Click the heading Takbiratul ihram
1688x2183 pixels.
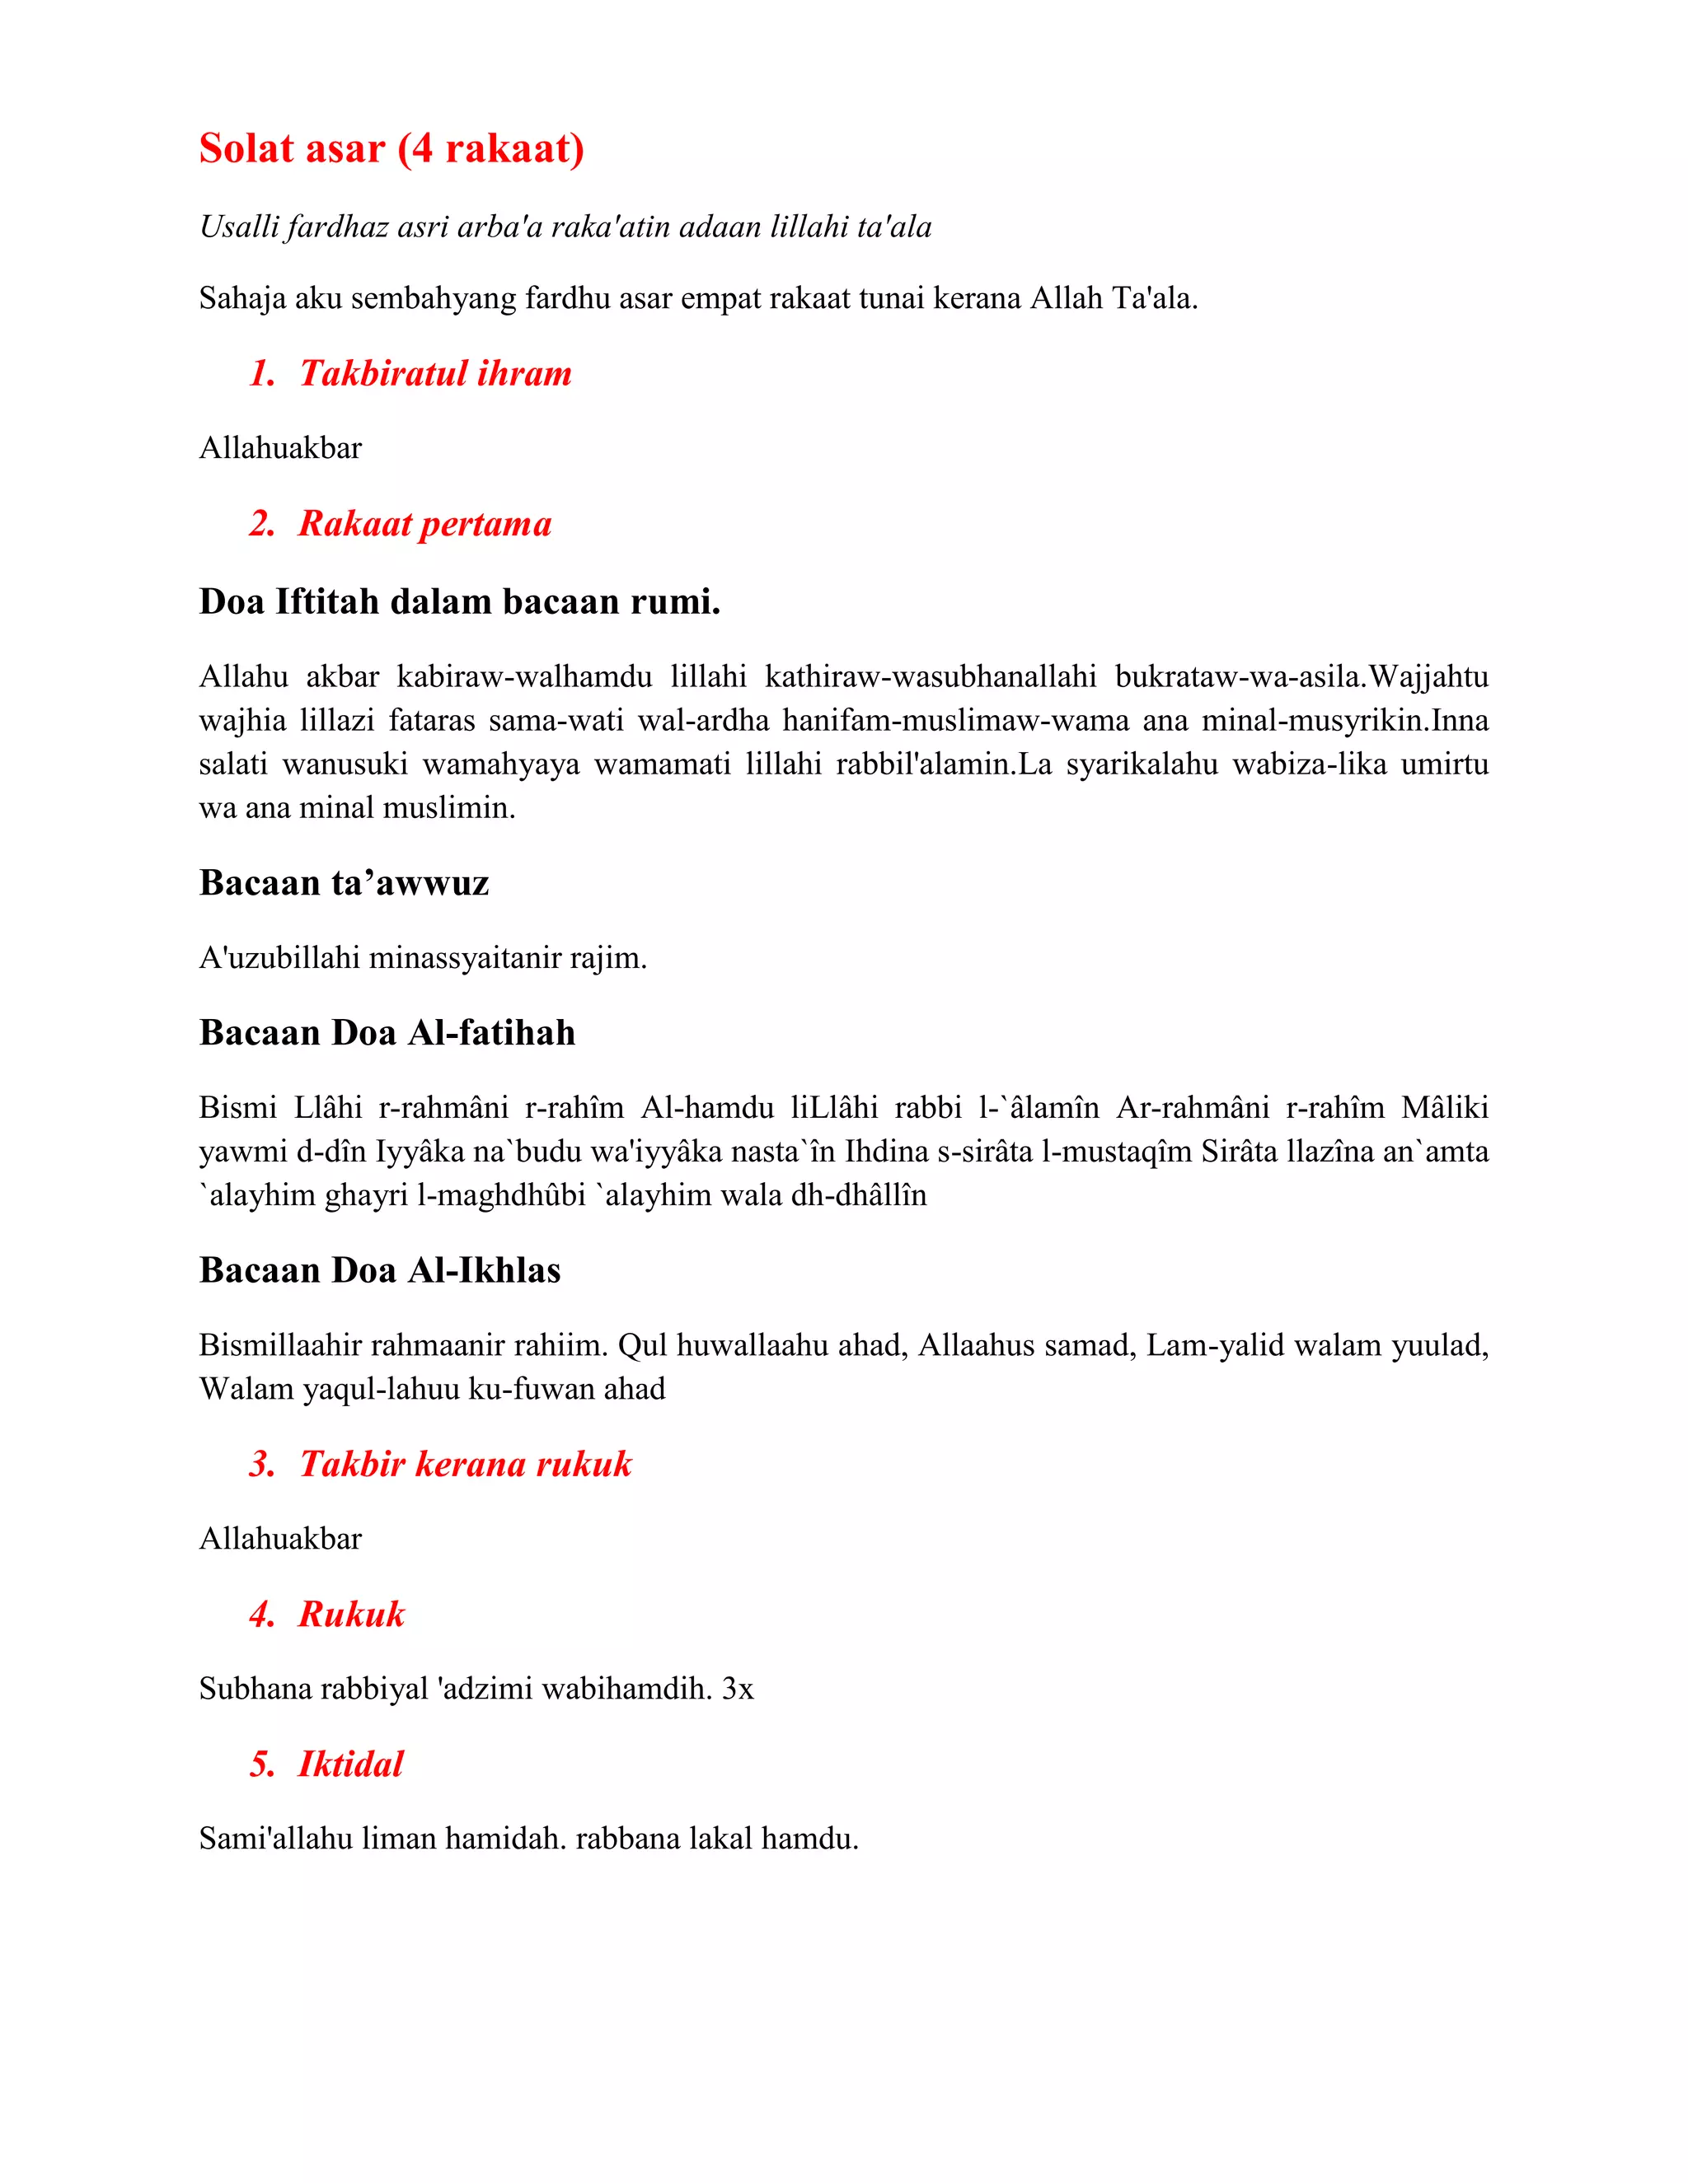click(x=435, y=374)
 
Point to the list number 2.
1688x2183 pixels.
click(x=262, y=524)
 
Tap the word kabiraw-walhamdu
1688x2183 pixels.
click(x=524, y=678)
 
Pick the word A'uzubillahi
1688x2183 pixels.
click(x=279, y=959)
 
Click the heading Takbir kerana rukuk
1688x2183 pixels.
click(x=465, y=1465)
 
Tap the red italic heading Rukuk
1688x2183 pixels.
click(x=351, y=1615)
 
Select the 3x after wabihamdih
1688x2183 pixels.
click(x=738, y=1690)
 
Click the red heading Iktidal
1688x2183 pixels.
click(x=350, y=1765)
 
